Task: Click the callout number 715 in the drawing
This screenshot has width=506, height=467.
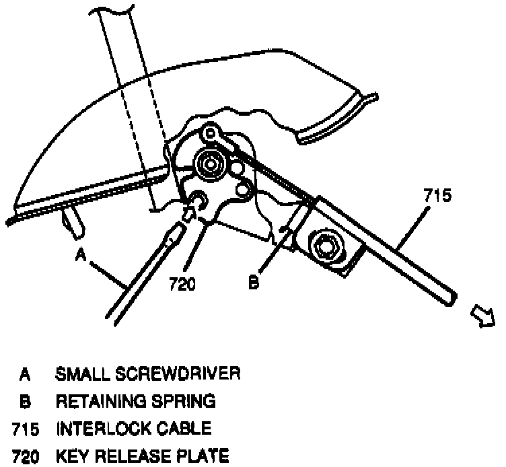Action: click(437, 196)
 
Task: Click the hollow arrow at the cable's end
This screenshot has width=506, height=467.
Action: click(483, 315)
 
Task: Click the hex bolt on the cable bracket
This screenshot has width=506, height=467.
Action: click(326, 246)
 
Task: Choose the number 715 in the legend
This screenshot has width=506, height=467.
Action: click(25, 429)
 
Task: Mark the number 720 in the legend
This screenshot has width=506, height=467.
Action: click(25, 458)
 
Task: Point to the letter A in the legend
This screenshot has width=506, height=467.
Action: click(25, 373)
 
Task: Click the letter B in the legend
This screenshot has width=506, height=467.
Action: click(25, 401)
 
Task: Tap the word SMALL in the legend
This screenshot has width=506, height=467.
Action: click(79, 373)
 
